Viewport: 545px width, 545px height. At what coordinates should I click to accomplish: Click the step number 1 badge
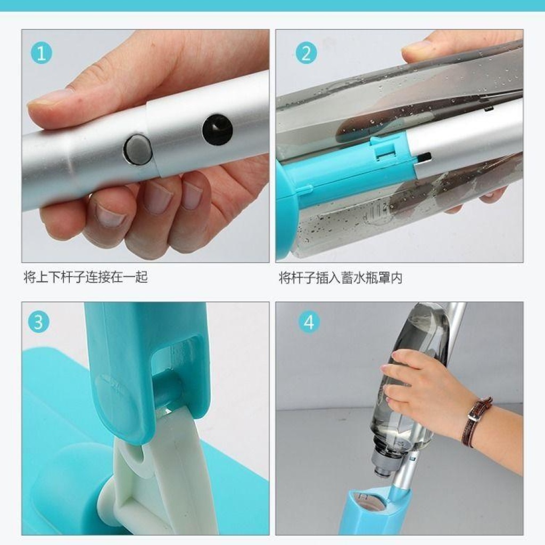click(42, 54)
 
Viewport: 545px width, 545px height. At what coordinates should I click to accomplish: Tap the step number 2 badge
click(306, 54)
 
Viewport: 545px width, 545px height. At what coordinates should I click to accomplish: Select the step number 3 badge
click(38, 321)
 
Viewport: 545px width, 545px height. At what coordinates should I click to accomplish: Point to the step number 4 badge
click(309, 321)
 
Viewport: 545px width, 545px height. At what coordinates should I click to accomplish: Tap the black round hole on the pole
click(217, 129)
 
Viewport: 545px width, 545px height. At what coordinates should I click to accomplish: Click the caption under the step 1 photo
click(86, 277)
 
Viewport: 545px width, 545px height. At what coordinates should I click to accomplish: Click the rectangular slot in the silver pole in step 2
click(424, 157)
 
